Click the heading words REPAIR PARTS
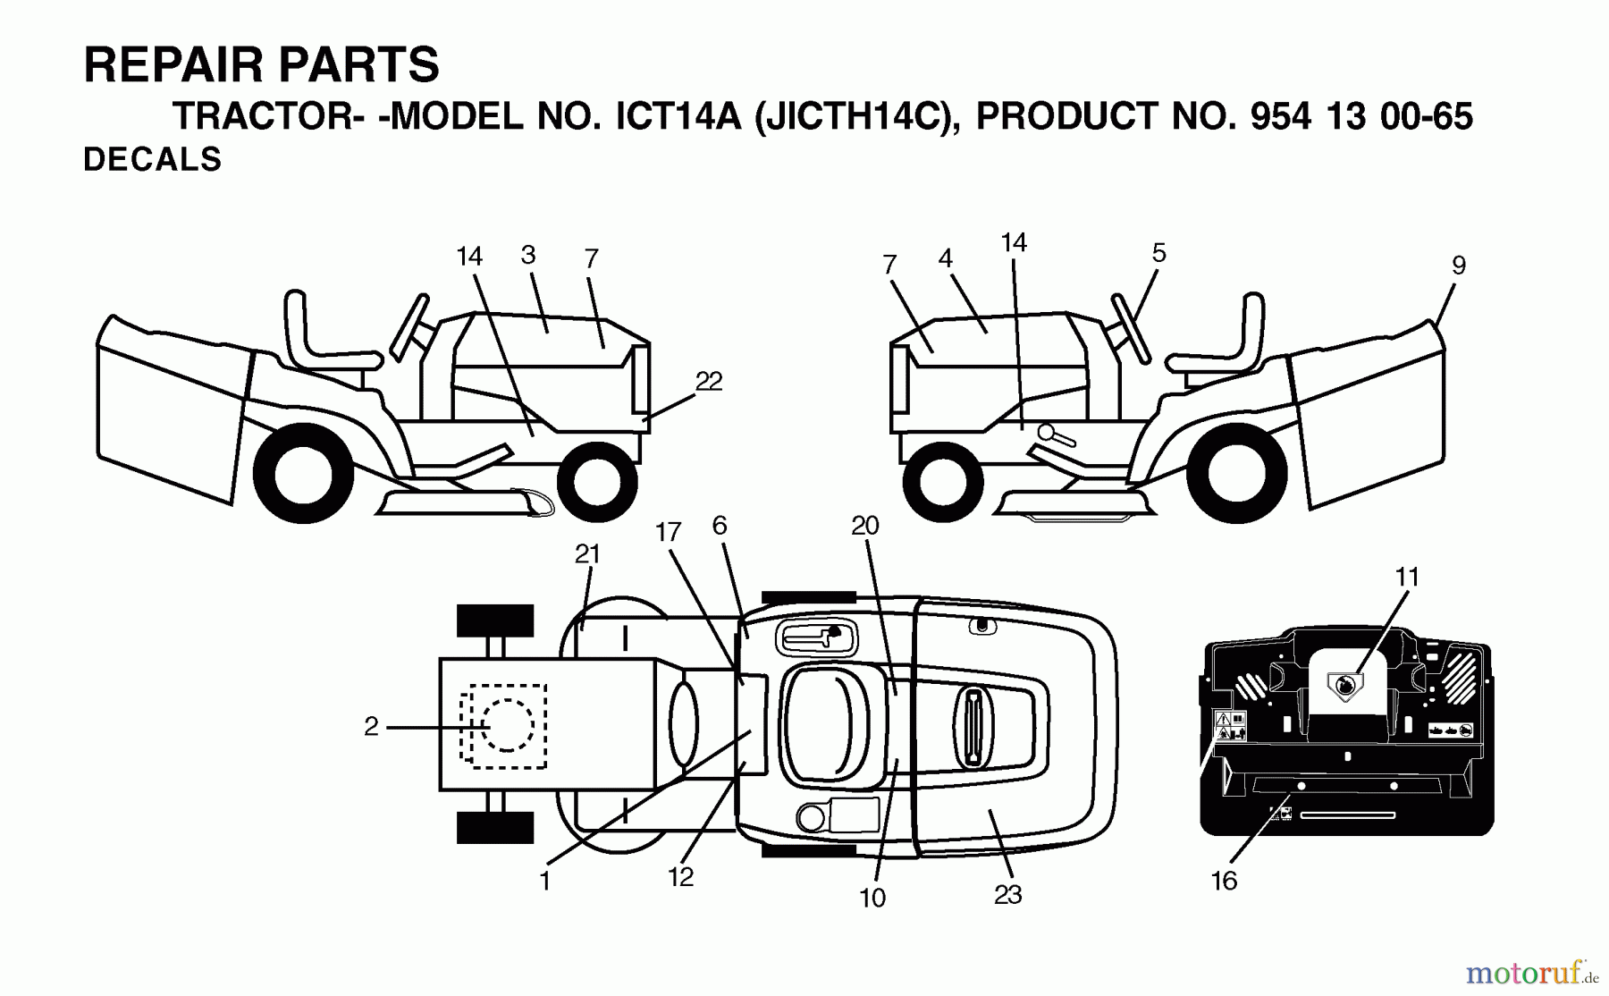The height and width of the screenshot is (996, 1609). (261, 65)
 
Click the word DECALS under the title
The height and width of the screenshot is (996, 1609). (152, 159)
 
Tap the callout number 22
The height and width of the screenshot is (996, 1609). (708, 382)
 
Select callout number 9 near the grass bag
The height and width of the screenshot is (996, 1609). (1458, 266)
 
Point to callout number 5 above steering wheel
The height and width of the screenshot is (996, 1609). (1158, 253)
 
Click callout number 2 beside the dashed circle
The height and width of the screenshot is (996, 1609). (371, 727)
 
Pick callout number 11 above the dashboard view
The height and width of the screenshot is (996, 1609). (1407, 578)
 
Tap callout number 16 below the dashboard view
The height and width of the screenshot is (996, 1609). (1224, 881)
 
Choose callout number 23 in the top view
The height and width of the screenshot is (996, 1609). (1007, 894)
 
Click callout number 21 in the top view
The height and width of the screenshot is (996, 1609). (587, 554)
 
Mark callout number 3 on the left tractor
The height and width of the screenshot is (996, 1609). (528, 255)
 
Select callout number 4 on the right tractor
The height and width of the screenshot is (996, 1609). (945, 258)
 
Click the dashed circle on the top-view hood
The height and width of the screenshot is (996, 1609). (507, 725)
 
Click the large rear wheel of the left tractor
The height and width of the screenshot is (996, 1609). (304, 473)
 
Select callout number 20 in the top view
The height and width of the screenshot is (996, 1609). (864, 527)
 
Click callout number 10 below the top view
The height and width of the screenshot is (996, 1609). (872, 897)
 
